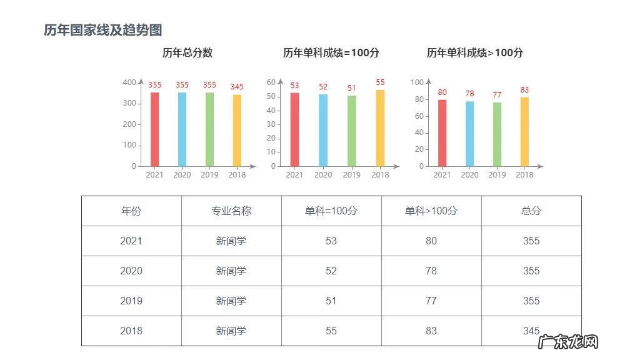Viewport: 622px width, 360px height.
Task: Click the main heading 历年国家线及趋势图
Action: [103, 30]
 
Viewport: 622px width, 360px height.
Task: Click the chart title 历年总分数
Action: [188, 53]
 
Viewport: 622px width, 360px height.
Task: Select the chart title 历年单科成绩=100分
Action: [331, 53]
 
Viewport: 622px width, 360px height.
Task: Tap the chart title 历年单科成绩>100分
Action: [475, 53]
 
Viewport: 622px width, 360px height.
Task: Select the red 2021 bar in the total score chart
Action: [154, 129]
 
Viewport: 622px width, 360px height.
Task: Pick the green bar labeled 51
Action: [352, 131]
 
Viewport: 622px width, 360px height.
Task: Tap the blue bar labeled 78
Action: [469, 134]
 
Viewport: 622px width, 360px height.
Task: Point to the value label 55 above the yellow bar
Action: [380, 82]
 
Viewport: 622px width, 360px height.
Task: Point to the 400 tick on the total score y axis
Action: [129, 82]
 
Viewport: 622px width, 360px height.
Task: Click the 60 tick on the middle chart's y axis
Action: [271, 82]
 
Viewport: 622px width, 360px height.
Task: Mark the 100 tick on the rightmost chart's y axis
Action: [417, 82]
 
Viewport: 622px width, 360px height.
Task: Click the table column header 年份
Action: [131, 211]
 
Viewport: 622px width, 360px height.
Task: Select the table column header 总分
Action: [531, 211]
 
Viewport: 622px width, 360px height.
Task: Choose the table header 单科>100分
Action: [431, 211]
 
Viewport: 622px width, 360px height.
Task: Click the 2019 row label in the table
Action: [131, 301]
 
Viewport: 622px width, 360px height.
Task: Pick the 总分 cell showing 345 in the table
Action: [531, 331]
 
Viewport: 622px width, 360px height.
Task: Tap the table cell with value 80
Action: [431, 241]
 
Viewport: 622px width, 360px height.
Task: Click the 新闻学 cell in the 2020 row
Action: [231, 271]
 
